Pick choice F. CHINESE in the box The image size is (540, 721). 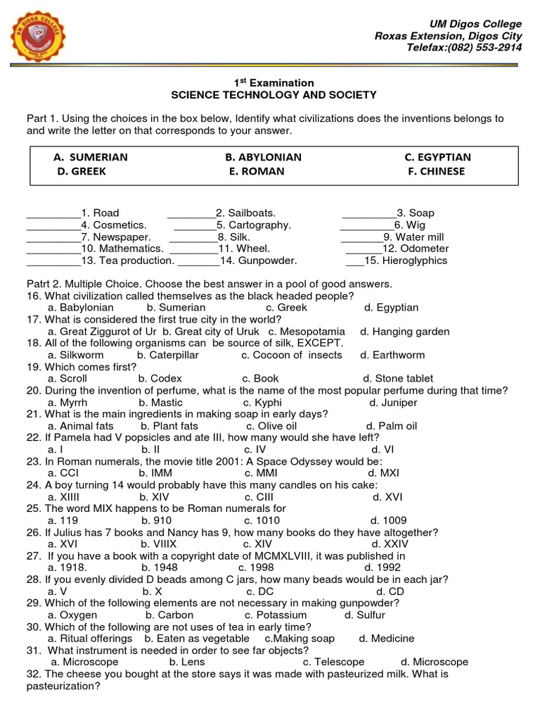(x=436, y=171)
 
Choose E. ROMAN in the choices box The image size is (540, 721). (x=257, y=171)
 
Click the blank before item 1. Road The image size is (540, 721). (x=53, y=213)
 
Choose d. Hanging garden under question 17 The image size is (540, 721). (x=401, y=331)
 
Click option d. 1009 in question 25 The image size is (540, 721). (x=384, y=520)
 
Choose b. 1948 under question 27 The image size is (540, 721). (x=160, y=568)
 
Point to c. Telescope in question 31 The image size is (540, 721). (x=333, y=662)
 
